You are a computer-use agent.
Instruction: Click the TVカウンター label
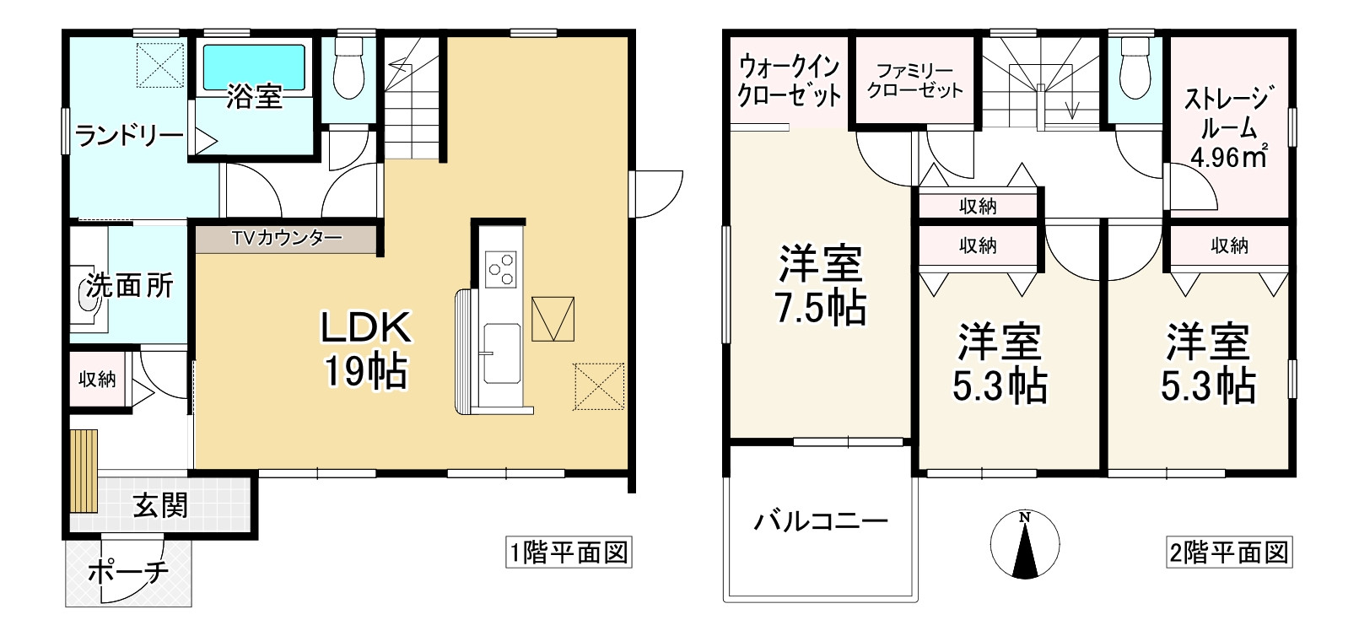tap(287, 239)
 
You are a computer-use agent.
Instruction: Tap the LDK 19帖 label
tap(366, 349)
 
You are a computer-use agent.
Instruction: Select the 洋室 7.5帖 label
tap(821, 285)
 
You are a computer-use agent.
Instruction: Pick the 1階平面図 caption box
tap(569, 552)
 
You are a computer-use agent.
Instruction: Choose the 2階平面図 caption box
tap(1229, 552)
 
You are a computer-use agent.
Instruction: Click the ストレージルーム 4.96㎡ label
tap(1226, 128)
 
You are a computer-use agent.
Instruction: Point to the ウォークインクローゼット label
tap(789, 81)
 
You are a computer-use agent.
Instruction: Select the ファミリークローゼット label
tap(914, 81)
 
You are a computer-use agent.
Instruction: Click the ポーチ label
tap(128, 573)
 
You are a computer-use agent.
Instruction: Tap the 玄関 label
tap(160, 506)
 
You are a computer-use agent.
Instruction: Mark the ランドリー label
tap(129, 135)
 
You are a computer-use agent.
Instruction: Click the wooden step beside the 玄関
tap(84, 470)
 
